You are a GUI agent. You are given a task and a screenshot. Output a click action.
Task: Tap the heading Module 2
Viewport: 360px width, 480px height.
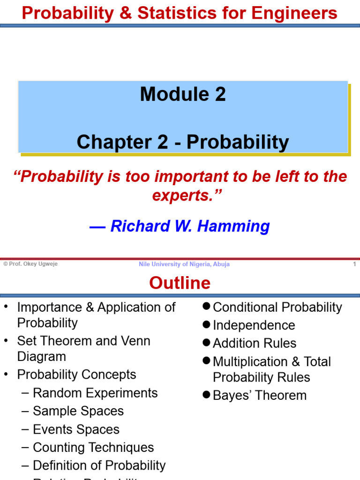pyautogui.click(x=183, y=94)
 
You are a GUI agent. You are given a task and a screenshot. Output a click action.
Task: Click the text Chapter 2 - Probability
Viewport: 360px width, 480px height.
pyautogui.click(x=183, y=142)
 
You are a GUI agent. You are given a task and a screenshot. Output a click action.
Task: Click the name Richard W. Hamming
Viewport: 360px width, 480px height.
pyautogui.click(x=190, y=226)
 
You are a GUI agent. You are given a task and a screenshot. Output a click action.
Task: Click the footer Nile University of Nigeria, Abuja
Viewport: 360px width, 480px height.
pyautogui.click(x=184, y=264)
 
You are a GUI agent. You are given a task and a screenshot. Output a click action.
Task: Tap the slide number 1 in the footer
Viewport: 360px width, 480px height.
pyautogui.click(x=354, y=264)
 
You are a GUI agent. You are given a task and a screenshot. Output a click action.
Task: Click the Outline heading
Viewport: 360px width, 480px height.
pyautogui.click(x=180, y=283)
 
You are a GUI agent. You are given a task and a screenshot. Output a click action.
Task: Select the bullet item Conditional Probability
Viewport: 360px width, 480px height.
pyautogui.click(x=277, y=307)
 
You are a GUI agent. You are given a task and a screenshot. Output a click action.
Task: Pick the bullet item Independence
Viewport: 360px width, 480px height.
pyautogui.click(x=254, y=325)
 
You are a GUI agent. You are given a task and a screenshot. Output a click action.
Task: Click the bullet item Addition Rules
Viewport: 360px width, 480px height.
pyautogui.click(x=255, y=343)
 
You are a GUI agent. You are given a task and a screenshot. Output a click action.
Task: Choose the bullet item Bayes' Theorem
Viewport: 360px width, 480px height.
pyautogui.click(x=259, y=395)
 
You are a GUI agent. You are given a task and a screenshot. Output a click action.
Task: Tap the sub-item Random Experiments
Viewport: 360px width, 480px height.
pyautogui.click(x=95, y=393)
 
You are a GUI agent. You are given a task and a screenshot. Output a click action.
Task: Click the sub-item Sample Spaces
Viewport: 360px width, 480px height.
pyautogui.click(x=78, y=411)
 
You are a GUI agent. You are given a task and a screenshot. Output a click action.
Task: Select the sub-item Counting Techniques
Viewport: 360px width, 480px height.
pyautogui.click(x=93, y=448)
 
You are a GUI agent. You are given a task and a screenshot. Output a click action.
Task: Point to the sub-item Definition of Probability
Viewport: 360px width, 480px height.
pyautogui.click(x=99, y=465)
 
